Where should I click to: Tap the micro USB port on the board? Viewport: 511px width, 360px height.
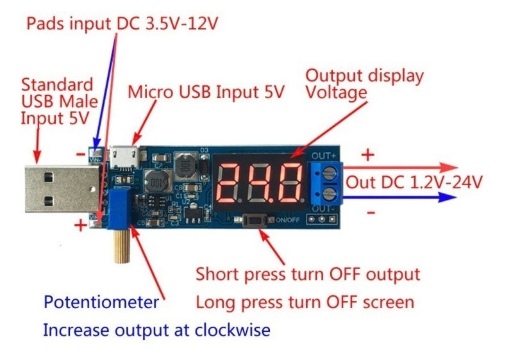click(x=124, y=158)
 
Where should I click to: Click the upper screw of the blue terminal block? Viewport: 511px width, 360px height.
click(x=329, y=173)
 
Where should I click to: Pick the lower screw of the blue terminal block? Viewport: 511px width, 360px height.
click(x=329, y=194)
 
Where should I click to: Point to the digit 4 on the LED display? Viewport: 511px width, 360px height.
click(x=260, y=183)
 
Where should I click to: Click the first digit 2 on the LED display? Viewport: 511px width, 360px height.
click(x=228, y=183)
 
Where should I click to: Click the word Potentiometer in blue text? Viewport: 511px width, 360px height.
click(x=101, y=302)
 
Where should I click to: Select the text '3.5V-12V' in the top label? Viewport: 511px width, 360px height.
click(x=181, y=24)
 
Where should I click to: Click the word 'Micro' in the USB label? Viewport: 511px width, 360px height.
click(x=150, y=92)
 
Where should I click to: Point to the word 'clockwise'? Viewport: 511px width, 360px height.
click(x=232, y=330)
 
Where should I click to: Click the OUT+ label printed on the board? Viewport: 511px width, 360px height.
click(x=324, y=156)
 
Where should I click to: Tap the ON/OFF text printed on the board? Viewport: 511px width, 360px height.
click(x=288, y=220)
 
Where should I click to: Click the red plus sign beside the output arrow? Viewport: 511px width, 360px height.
click(x=368, y=154)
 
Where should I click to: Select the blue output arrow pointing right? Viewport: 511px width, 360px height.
click(x=399, y=197)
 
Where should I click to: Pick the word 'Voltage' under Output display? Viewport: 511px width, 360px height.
click(x=337, y=92)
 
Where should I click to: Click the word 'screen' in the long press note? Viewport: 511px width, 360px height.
click(x=389, y=302)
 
